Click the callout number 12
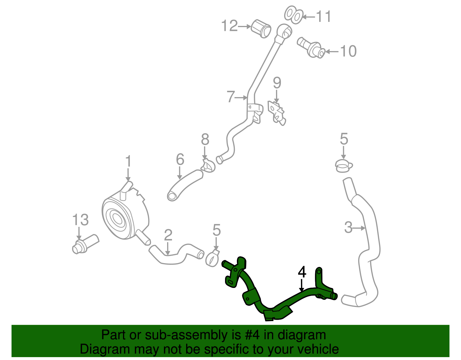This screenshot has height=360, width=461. point(229,26)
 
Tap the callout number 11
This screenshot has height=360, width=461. point(324,16)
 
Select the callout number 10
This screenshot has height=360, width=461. point(348,51)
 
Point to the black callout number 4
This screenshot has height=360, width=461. point(302,272)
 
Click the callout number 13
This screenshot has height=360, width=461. point(80,220)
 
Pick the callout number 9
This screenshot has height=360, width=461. point(277,83)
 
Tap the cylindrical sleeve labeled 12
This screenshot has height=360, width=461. point(261,29)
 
